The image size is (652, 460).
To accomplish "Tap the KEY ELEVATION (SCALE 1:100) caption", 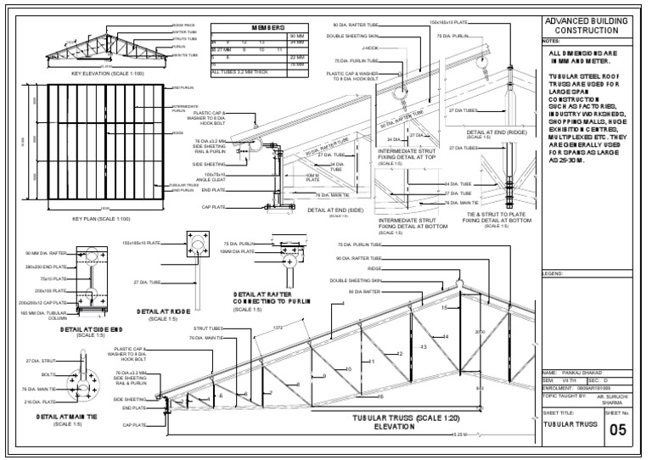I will coord(108,74).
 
